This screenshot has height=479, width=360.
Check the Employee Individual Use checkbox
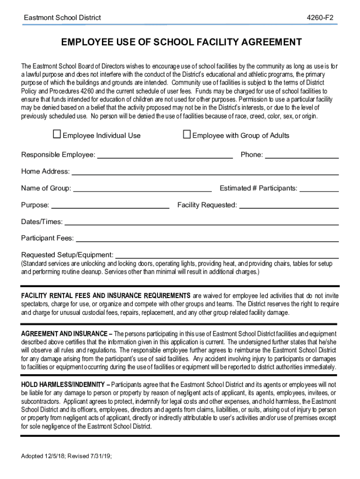coord(57,135)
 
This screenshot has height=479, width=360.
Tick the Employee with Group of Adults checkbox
coord(187,135)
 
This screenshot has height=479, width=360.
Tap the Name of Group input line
coord(143,189)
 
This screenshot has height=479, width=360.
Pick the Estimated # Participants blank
coord(319,189)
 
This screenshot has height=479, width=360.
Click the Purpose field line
coord(110,205)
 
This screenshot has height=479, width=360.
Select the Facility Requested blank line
coord(288,205)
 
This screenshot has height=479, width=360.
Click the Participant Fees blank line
coord(207,239)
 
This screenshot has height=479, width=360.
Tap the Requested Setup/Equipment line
coord(227,255)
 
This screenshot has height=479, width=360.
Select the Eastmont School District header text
coord(63,18)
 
